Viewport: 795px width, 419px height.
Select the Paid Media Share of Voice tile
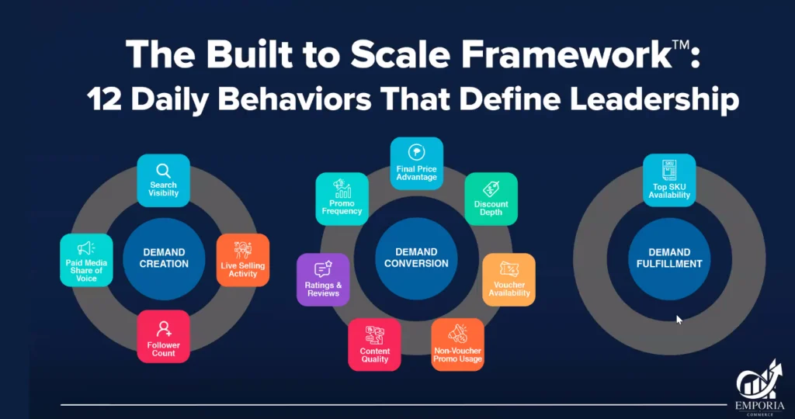(86, 260)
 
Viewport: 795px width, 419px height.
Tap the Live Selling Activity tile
(243, 260)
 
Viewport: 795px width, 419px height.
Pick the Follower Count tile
(164, 336)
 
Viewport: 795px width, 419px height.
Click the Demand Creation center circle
(164, 258)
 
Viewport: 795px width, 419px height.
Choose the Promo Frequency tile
(342, 199)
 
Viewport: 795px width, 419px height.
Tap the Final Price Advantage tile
(416, 164)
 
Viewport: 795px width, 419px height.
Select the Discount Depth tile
(491, 199)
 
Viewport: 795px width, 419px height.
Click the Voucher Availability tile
(509, 279)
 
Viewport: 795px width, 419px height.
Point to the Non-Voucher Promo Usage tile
(458, 345)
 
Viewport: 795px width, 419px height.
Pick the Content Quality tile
(375, 345)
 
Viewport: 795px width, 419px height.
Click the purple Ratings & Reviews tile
(323, 279)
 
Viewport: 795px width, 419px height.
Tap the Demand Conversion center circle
(416, 258)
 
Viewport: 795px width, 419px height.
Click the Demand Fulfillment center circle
(669, 258)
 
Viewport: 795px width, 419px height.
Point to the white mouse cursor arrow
(679, 319)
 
